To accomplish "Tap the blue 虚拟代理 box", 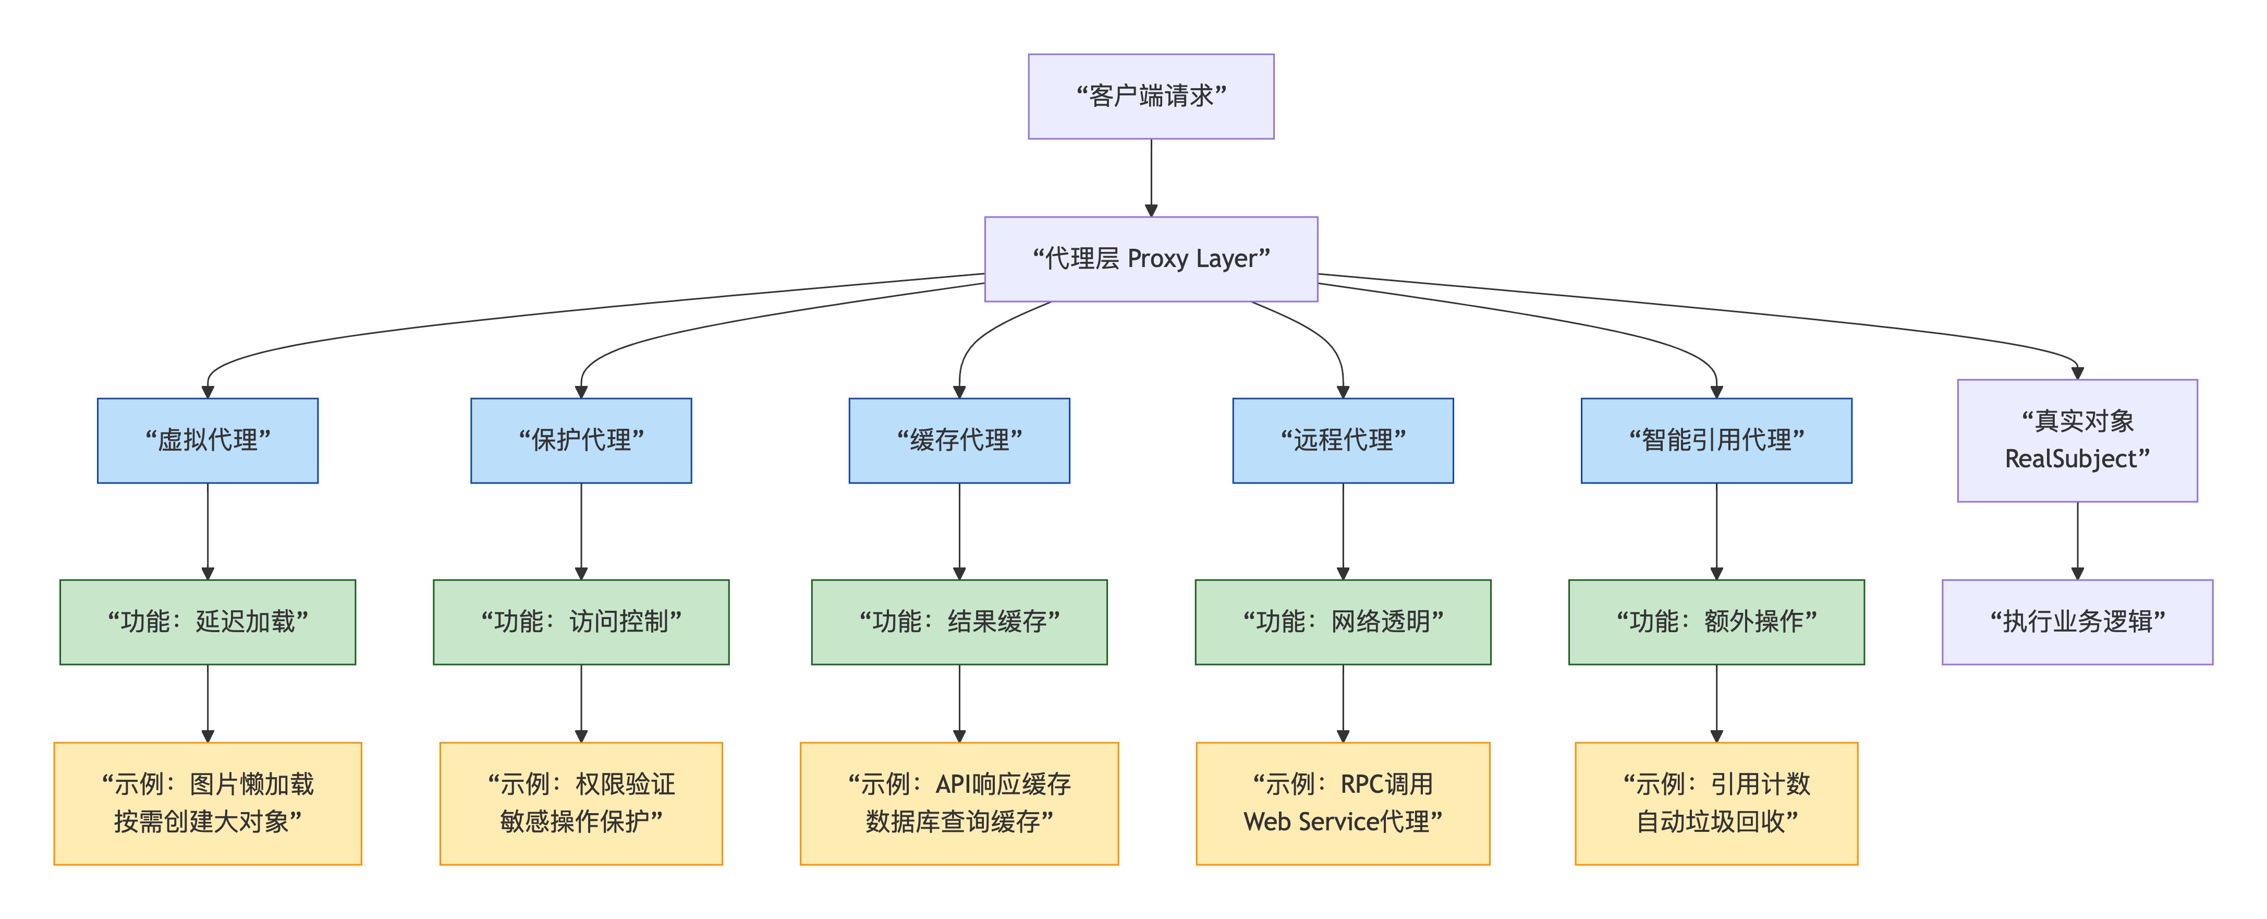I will coord(208,440).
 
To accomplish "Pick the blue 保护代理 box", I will coord(581,440).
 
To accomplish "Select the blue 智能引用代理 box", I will coord(1715,440).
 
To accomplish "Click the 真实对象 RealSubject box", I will coord(2076,440).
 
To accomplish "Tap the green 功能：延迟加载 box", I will coord(208,622).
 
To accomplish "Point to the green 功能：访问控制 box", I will coord(581,622).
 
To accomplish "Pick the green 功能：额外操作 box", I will coord(1715,622).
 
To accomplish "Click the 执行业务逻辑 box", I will coord(2076,622).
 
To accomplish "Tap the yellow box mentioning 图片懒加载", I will coord(208,803).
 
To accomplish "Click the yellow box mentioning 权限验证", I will coord(581,803).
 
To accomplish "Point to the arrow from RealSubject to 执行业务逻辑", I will coord(2077,540).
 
